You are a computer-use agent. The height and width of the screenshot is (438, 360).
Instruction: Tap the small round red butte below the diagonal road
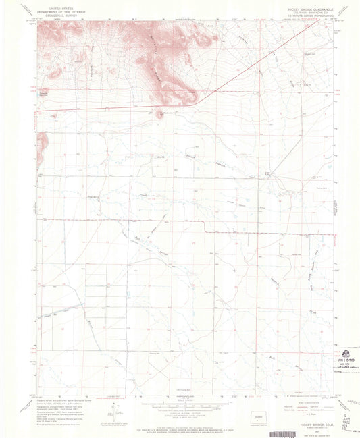click(x=161, y=112)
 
